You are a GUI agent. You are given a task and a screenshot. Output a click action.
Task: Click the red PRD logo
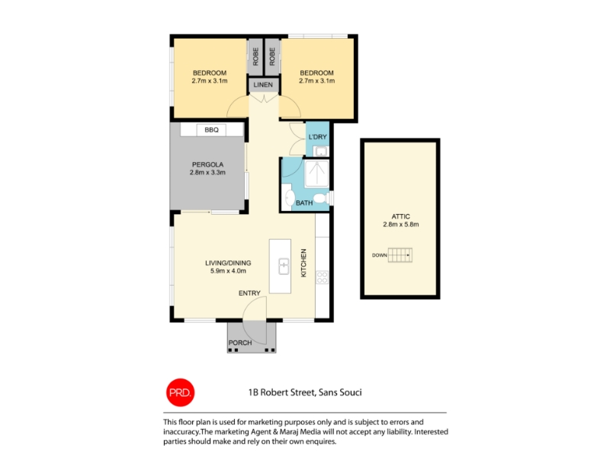point(180,392)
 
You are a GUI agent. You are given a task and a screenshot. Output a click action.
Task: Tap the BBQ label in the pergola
point(212,129)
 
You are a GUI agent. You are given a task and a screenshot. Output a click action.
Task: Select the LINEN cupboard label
point(263,85)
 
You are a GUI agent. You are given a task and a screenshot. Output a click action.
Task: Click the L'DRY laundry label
point(317,137)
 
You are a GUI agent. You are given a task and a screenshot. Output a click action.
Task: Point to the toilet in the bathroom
point(322,198)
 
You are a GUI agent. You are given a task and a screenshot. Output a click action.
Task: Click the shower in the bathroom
point(316,174)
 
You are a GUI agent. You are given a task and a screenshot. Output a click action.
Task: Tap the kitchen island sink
point(284,267)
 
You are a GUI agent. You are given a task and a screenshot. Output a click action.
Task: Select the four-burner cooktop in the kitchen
point(322,277)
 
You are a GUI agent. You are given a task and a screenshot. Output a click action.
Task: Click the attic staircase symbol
point(400,255)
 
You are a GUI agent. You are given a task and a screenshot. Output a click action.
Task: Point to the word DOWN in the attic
point(379,255)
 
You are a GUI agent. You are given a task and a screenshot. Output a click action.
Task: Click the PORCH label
point(240,343)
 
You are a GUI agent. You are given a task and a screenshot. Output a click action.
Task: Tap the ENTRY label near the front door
point(249,293)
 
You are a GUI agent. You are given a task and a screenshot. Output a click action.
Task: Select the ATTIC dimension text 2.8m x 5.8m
point(401,224)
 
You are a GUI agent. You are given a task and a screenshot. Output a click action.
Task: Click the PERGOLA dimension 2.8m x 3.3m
point(207,172)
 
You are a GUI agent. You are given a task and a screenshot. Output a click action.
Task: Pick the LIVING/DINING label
point(228,263)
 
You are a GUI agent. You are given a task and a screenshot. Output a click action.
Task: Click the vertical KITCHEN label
point(303,263)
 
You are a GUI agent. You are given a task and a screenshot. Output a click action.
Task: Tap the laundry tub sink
point(321,151)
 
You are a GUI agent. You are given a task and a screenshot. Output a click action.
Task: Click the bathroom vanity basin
point(289,197)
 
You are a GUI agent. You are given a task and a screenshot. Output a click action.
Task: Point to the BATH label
point(304,203)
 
